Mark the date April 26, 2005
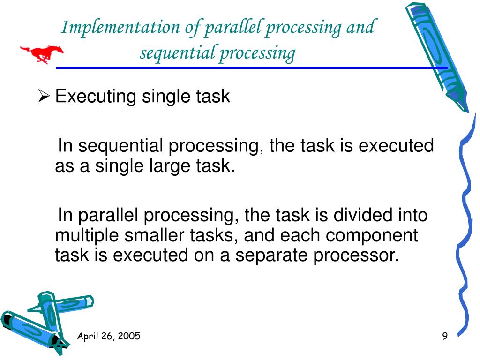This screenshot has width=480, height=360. coord(109,336)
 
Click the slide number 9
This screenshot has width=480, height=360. coord(445,336)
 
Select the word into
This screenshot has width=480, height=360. coord(412,215)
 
